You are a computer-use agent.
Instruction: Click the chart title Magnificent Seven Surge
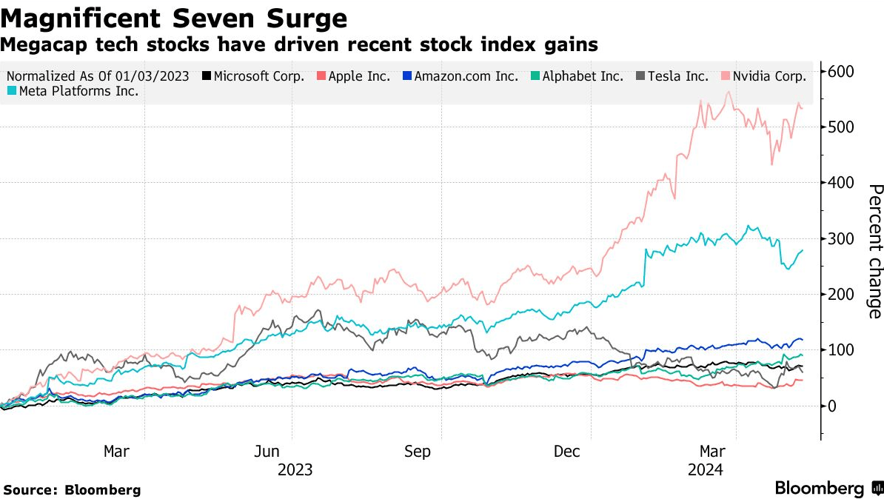pyautogui.click(x=174, y=18)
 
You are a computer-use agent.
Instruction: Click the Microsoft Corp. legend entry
pyautogui.click(x=253, y=76)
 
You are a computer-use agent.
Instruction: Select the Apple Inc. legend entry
pyautogui.click(x=353, y=76)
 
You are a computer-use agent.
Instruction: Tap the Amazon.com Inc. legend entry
pyautogui.click(x=461, y=76)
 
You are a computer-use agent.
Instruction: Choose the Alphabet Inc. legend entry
pyautogui.click(x=577, y=76)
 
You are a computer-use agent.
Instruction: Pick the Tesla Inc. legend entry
pyautogui.click(x=672, y=76)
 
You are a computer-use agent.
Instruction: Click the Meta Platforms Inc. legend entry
pyautogui.click(x=73, y=91)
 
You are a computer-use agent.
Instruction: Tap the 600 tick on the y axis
pyautogui.click(x=840, y=72)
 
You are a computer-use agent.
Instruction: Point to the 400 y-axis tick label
pyautogui.click(x=840, y=183)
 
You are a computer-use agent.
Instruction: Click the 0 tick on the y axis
pyautogui.click(x=832, y=406)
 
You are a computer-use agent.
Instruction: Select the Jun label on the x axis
pyautogui.click(x=267, y=451)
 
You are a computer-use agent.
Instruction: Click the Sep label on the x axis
pyautogui.click(x=417, y=451)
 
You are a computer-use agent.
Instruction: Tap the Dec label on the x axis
pyautogui.click(x=566, y=451)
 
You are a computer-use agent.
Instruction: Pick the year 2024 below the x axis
pyautogui.click(x=706, y=469)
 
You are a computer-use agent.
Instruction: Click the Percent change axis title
pyautogui.click(x=875, y=251)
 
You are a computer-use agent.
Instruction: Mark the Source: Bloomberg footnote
pyautogui.click(x=72, y=490)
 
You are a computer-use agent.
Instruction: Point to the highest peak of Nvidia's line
pyautogui.click(x=729, y=92)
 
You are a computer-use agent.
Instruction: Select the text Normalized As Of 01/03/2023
pyautogui.click(x=98, y=76)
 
